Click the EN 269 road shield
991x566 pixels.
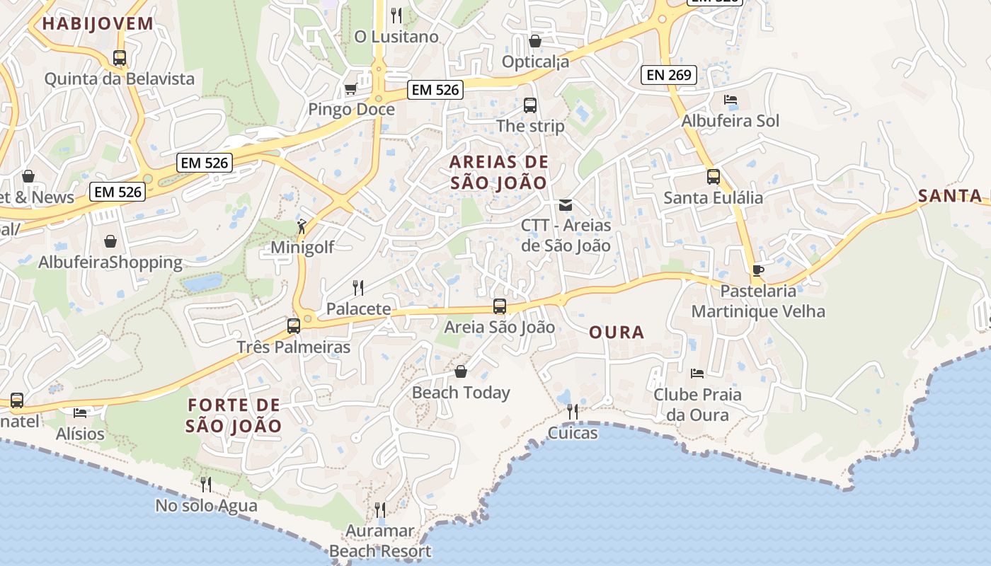[x=668, y=74]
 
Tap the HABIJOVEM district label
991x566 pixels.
[x=98, y=23]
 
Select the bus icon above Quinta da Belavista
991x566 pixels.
[x=120, y=58]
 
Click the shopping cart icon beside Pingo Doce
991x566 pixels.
[x=350, y=89]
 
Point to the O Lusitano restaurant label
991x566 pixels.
[x=396, y=36]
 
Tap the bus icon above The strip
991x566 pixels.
[x=529, y=105]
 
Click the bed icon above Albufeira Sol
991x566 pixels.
[x=731, y=100]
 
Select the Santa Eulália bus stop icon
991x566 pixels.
[x=713, y=177]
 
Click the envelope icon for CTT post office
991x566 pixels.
[x=565, y=205]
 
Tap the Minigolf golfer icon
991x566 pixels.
[x=302, y=227]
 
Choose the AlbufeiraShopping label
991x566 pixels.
[x=110, y=262]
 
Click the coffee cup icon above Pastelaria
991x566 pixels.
[x=757, y=270]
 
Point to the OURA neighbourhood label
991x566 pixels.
[x=617, y=332]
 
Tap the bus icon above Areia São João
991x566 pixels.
[x=500, y=306]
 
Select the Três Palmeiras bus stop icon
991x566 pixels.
[x=293, y=326]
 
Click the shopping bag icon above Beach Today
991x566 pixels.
[x=461, y=371]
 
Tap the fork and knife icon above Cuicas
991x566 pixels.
[x=573, y=412]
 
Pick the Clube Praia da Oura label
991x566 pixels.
[x=697, y=404]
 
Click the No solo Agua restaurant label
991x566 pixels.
[x=206, y=506]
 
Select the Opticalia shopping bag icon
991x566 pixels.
[x=535, y=41]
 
